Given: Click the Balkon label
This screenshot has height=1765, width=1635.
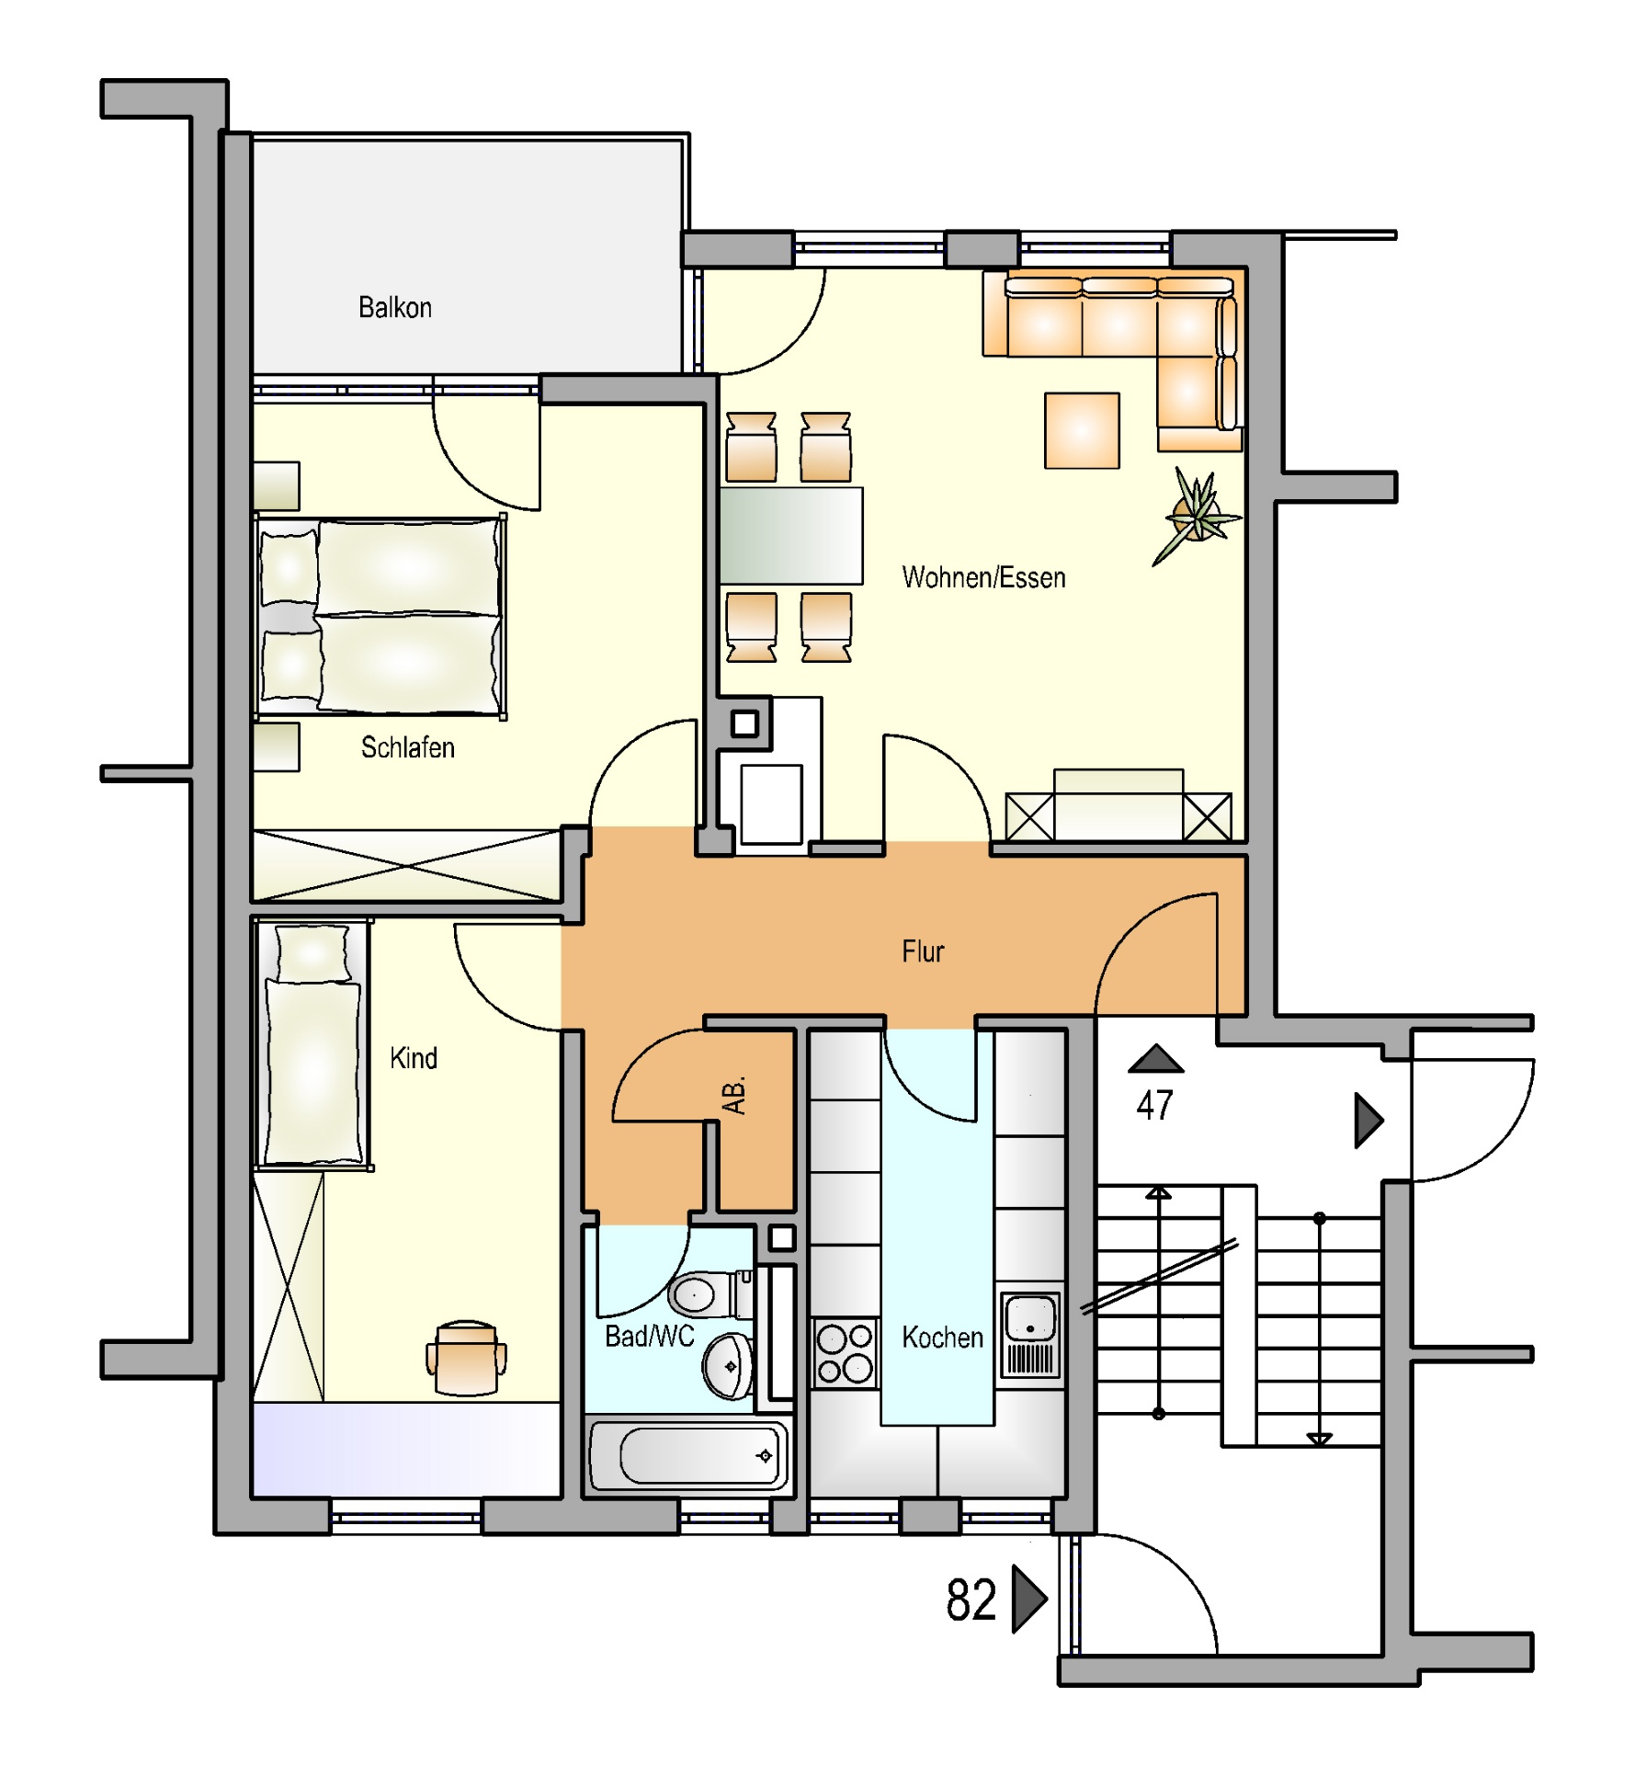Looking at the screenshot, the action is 395,307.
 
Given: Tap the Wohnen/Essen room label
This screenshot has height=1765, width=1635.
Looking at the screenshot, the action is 983,577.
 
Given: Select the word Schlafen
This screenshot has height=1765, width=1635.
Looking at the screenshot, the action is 407,747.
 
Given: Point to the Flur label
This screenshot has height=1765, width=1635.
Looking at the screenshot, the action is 923,951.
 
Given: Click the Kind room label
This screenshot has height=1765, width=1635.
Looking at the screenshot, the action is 414,1058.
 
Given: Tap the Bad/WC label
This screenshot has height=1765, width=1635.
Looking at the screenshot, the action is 649,1336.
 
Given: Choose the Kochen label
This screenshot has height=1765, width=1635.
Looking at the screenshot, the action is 942,1338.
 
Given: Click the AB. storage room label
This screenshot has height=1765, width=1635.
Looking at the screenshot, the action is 734,1095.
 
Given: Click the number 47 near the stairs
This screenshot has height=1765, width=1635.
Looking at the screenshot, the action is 1154,1105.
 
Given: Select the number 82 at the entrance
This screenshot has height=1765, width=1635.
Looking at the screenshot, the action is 971,1600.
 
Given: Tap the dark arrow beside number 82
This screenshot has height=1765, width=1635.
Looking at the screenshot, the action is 1029,1600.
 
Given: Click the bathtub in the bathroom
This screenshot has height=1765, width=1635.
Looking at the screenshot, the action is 688,1456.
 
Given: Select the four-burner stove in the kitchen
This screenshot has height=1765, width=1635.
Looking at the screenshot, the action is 846,1353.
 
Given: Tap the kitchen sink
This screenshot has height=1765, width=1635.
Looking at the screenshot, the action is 1030,1335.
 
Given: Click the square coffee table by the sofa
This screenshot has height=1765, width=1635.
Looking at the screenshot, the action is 1082,431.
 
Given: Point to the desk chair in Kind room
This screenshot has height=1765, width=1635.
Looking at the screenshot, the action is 466,1358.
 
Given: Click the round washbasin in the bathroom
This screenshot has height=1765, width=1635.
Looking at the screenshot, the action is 728,1366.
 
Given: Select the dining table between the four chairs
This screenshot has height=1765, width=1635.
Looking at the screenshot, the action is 790,536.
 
